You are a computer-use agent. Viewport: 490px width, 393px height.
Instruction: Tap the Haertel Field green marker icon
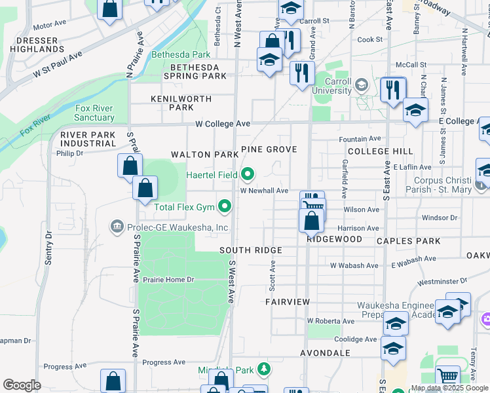248,174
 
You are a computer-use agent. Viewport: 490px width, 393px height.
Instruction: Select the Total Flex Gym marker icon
225,208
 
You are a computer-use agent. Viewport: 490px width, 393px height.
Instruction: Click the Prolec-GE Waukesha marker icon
117,227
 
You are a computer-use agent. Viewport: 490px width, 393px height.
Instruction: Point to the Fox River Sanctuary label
94,113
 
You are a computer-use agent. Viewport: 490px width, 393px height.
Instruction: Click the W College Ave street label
223,123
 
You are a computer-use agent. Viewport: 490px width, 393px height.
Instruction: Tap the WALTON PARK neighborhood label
204,155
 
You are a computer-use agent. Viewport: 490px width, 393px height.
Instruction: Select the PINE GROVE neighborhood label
269,149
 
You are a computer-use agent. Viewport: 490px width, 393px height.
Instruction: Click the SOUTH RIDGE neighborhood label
251,250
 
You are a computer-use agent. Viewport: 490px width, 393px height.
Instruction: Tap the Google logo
22,385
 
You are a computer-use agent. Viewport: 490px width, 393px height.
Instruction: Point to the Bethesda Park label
181,55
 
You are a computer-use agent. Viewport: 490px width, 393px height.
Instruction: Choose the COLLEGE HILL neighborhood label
380,151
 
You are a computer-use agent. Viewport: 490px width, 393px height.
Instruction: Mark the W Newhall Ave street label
264,191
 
